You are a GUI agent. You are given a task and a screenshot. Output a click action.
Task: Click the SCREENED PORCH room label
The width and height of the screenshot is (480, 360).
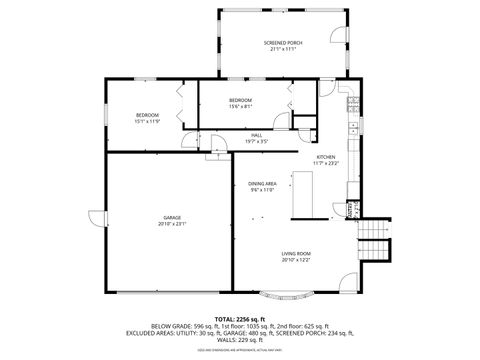click(x=283, y=42)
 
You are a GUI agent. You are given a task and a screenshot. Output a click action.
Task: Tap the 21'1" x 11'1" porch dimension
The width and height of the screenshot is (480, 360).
click(x=283, y=48)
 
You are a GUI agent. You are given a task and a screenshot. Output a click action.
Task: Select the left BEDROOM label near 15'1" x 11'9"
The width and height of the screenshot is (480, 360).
click(x=147, y=115)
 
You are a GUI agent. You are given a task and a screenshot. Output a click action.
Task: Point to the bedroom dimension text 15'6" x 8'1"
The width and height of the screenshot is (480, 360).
click(x=240, y=106)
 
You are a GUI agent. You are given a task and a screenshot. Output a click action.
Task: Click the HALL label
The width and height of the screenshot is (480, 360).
click(x=257, y=135)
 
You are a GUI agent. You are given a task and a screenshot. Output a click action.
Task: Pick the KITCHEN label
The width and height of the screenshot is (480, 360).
click(x=326, y=157)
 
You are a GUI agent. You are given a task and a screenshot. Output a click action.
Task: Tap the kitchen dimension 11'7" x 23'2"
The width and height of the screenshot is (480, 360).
click(x=326, y=163)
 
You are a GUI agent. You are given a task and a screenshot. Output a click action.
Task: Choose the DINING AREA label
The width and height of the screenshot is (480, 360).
click(x=262, y=183)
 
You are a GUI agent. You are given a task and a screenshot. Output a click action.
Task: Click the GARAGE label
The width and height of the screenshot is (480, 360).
click(x=172, y=217)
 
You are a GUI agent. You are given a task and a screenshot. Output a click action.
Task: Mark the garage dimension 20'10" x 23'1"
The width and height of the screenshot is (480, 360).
click(x=172, y=223)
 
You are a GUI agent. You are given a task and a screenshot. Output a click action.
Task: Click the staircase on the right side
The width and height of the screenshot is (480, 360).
click(x=375, y=240)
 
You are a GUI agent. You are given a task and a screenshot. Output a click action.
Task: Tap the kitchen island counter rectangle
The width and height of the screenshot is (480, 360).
click(x=302, y=194)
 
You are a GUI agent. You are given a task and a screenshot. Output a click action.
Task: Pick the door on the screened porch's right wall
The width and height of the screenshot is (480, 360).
click(x=345, y=40)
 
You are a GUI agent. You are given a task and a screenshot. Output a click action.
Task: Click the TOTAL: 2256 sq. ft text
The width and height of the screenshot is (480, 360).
click(x=239, y=317)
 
